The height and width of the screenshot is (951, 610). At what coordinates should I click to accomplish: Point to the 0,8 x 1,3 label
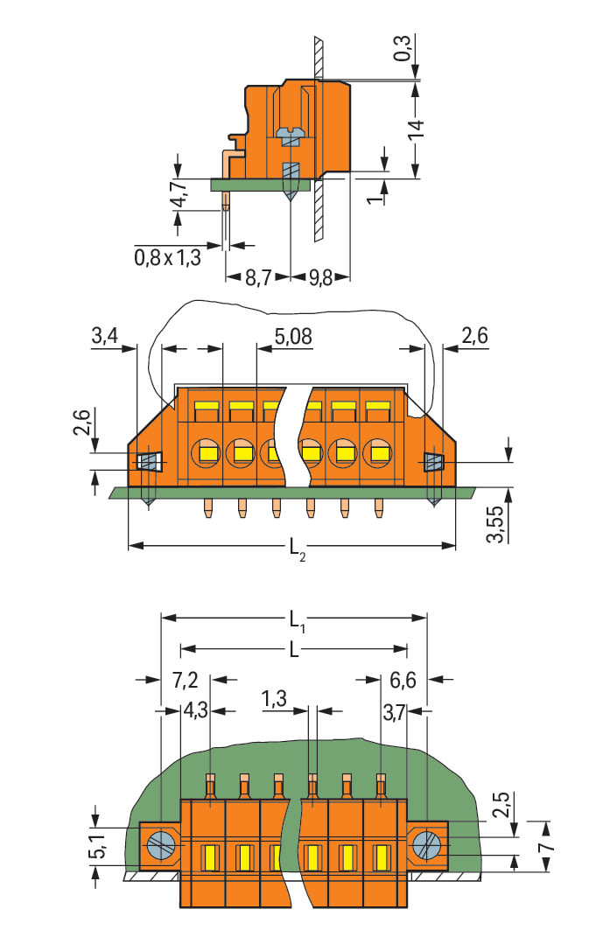click(x=168, y=256)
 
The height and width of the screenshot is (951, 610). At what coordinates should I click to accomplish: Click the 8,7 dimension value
click(x=256, y=280)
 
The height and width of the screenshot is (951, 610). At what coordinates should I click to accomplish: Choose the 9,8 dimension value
click(x=319, y=280)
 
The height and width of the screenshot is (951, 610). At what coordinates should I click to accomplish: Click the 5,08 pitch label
click(x=292, y=335)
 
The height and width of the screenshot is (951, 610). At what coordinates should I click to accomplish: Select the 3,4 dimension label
click(x=104, y=335)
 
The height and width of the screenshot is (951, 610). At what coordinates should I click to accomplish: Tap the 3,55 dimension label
click(x=497, y=523)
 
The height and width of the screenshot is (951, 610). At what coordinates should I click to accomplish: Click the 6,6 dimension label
click(x=403, y=680)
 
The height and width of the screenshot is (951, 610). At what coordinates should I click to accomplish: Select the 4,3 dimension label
click(x=196, y=710)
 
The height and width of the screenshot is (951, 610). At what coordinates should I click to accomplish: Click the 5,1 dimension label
click(x=103, y=848)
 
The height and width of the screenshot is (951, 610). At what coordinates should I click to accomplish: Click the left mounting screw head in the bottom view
click(x=161, y=846)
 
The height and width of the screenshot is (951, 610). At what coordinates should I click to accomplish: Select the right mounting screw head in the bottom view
click(x=427, y=846)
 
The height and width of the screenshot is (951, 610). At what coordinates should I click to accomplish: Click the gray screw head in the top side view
click(x=289, y=134)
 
